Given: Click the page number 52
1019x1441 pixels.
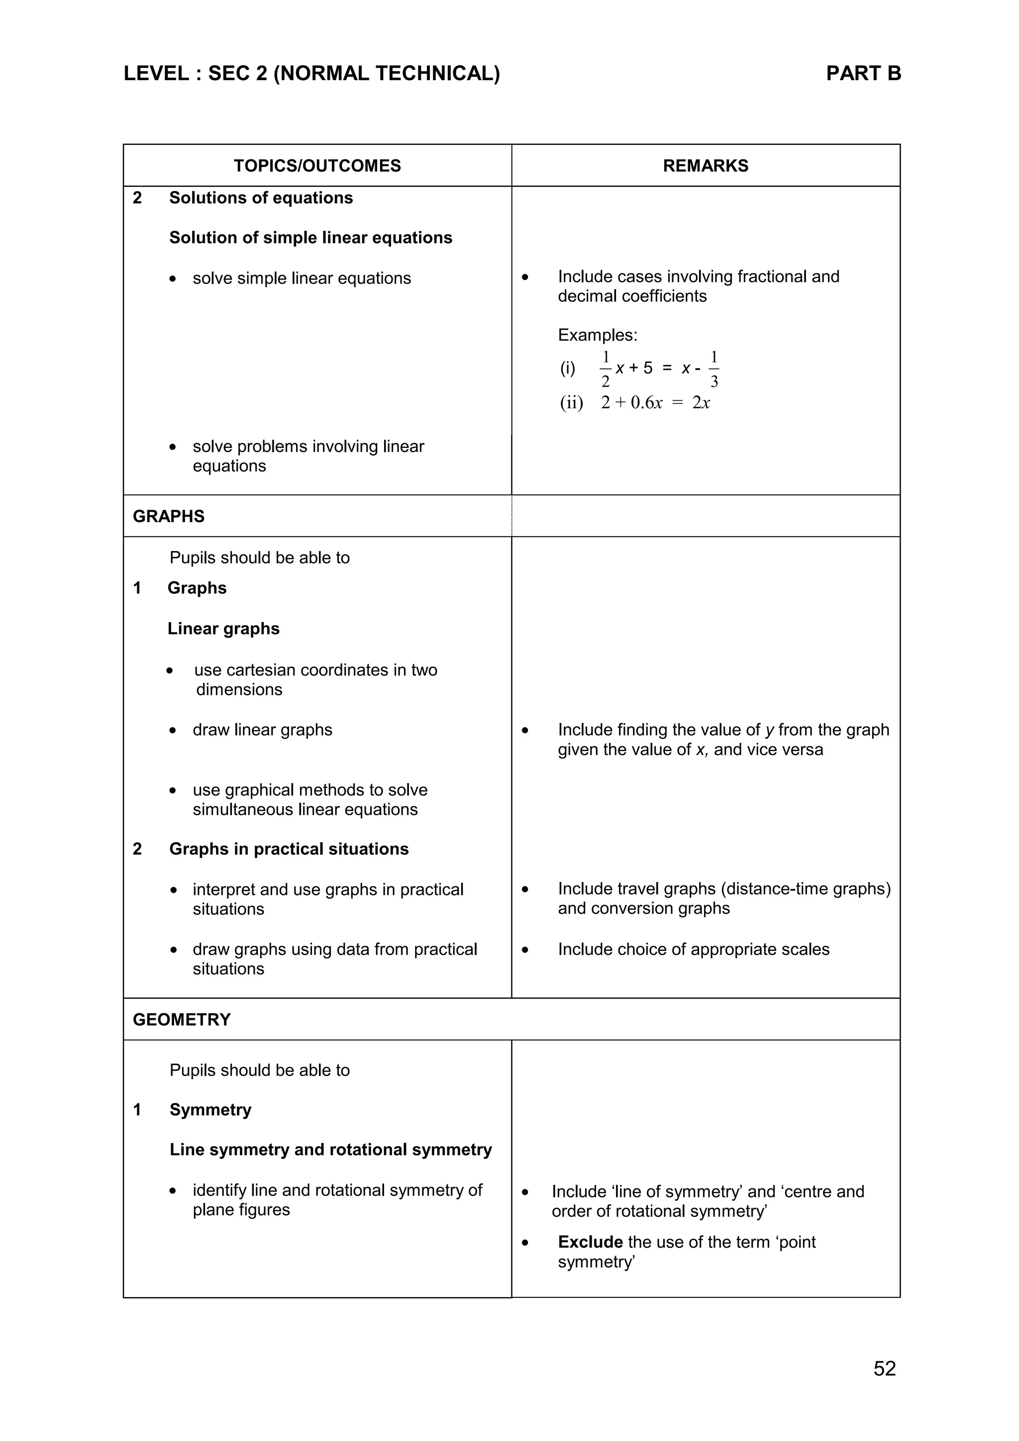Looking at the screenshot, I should click(884, 1368).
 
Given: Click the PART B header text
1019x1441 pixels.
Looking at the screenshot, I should click(863, 74).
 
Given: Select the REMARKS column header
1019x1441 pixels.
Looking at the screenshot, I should click(705, 166).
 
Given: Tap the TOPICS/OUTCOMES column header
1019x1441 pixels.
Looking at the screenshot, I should click(317, 166).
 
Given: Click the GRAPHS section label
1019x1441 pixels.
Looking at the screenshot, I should click(168, 516).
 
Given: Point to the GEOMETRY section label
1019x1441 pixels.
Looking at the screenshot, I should click(182, 1019).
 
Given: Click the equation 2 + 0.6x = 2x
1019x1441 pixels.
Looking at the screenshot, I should click(655, 403).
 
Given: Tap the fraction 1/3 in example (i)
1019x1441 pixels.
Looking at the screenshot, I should click(714, 369).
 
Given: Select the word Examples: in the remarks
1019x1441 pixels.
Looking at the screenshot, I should click(597, 335).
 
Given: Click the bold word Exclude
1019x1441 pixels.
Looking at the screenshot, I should click(590, 1242).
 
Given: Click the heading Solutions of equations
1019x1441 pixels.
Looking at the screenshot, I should click(261, 198).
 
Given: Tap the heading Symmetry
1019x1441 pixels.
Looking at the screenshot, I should click(210, 1110).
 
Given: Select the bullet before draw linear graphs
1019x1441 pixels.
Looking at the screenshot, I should click(173, 730).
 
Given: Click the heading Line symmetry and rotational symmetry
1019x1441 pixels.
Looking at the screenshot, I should click(330, 1149).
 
